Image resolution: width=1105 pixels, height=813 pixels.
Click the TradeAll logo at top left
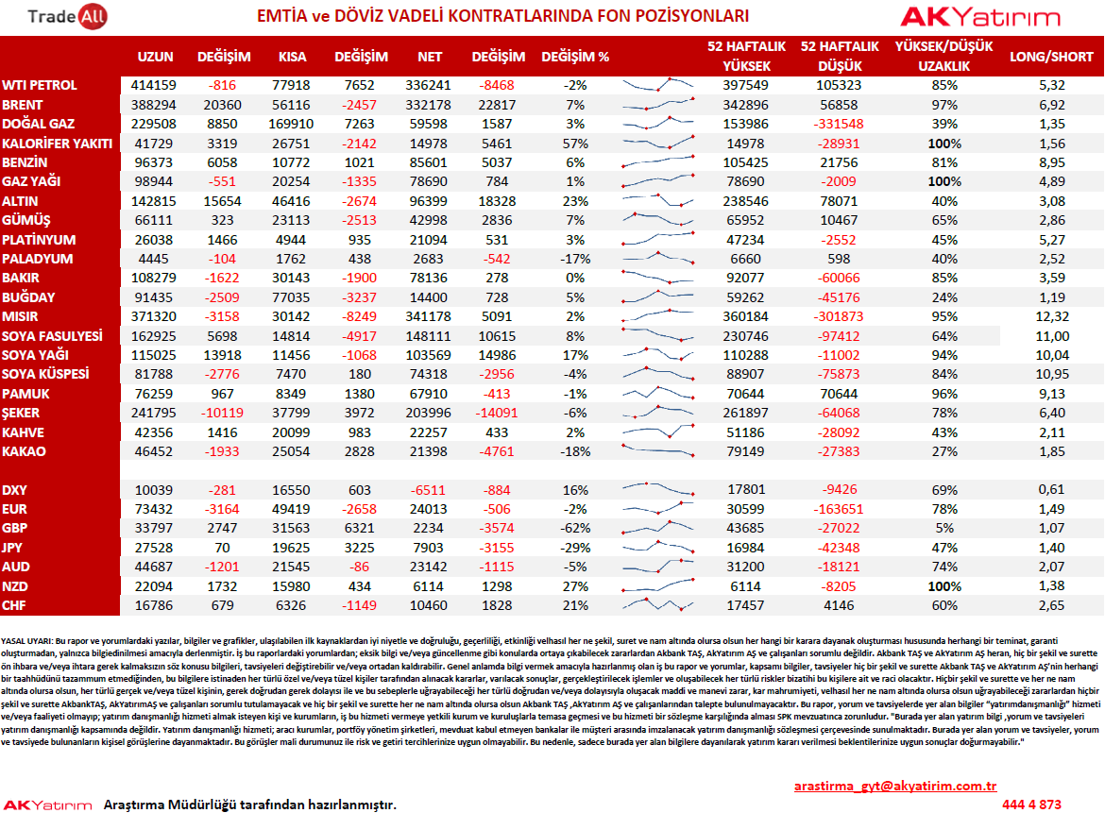click(x=67, y=16)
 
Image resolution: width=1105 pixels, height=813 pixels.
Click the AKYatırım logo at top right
click(x=979, y=16)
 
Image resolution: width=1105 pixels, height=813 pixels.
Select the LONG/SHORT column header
click(x=1051, y=57)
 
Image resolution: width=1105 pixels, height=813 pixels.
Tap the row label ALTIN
click(x=20, y=201)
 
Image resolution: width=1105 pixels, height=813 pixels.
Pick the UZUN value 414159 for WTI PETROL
click(x=154, y=85)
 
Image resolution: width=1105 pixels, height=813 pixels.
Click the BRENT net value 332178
click(x=429, y=105)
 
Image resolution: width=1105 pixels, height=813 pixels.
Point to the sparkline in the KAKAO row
click(x=658, y=449)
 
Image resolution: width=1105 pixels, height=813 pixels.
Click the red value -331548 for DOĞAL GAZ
click(x=839, y=124)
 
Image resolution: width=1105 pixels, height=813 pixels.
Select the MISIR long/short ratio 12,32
click(x=1052, y=317)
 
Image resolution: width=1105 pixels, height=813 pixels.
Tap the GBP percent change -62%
click(x=575, y=529)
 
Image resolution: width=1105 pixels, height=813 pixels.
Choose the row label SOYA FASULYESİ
click(x=52, y=336)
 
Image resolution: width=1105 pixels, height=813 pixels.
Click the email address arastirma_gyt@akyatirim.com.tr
click(x=895, y=786)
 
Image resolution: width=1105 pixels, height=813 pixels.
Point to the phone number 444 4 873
click(x=1031, y=805)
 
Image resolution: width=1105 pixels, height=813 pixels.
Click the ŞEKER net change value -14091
click(x=497, y=413)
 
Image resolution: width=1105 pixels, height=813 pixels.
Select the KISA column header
click(x=292, y=57)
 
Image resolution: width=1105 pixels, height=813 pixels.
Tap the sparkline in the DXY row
click(x=658, y=487)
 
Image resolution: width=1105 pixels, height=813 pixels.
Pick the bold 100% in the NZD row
click(x=944, y=586)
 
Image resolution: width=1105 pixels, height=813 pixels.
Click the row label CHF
click(x=14, y=605)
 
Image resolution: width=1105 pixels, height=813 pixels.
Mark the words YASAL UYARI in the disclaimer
click(x=26, y=641)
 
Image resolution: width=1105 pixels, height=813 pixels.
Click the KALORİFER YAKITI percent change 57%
click(x=575, y=144)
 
